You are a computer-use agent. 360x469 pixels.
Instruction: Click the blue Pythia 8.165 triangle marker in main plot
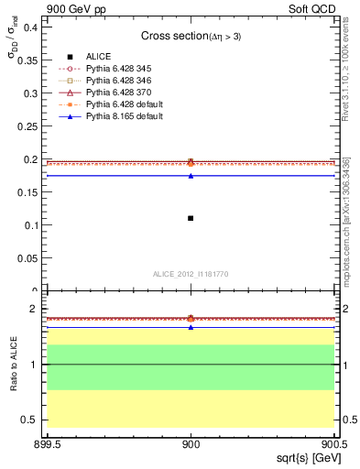pos(191,175)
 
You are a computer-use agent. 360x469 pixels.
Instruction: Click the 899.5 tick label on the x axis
pos(48,443)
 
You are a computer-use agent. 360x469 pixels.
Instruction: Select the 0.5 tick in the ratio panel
pos(33,420)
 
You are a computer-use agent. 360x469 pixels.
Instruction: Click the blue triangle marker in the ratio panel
pos(191,327)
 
